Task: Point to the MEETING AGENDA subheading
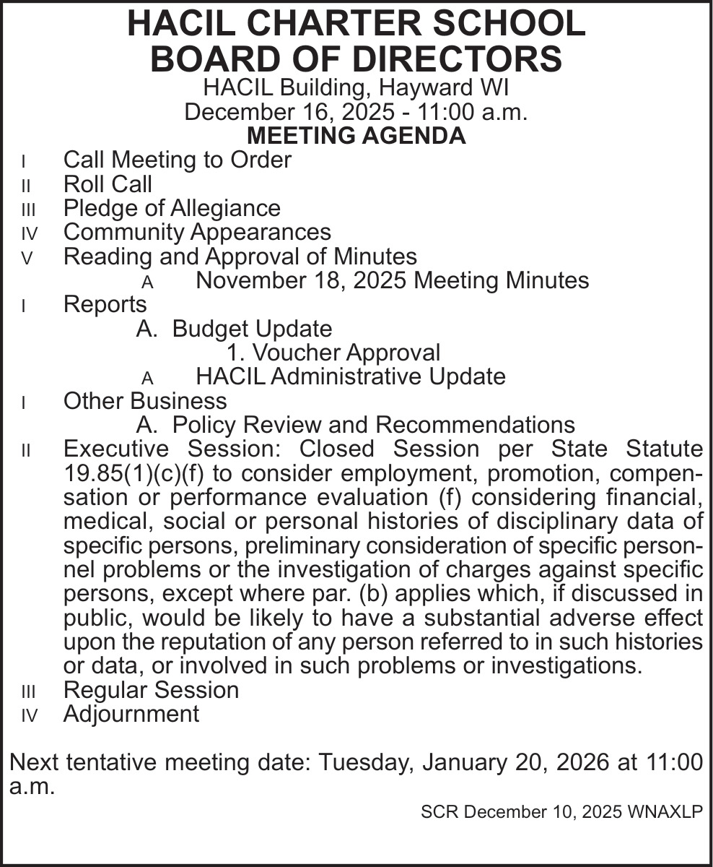[356, 135]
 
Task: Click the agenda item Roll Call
[108, 184]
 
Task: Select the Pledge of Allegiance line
[172, 208]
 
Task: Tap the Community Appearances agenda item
[197, 232]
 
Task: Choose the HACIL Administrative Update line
[351, 376]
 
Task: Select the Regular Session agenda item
[151, 689]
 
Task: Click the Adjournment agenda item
[131, 714]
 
